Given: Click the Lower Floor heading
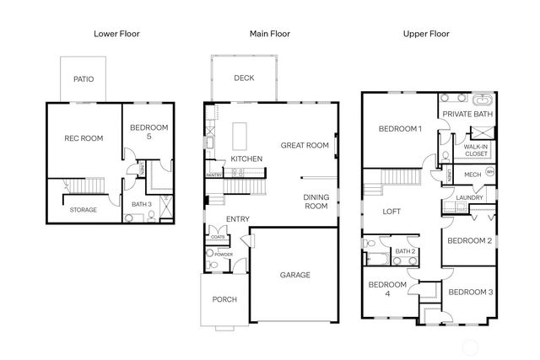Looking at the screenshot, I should pos(116,34).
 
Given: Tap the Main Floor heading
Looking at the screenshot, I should pos(270,34).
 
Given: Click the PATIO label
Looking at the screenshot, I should pos(84,80).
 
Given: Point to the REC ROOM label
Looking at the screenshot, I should pos(83,137).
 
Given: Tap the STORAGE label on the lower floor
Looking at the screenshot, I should pos(83,210).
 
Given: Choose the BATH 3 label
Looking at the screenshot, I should pos(142,204).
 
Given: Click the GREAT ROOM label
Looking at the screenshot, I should pos(304,145).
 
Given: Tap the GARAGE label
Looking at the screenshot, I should pos(295,275).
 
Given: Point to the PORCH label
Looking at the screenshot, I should pos(224,299).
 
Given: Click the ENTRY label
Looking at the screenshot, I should pos(237,220).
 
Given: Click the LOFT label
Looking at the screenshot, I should pos(391,212).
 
